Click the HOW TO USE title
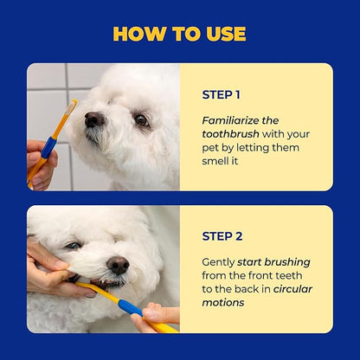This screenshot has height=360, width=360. (180, 34)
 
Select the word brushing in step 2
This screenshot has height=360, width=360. (286, 261)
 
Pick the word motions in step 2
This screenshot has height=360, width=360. (225, 303)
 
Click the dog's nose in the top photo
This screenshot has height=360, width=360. (94, 119)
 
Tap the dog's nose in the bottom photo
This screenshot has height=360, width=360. (118, 265)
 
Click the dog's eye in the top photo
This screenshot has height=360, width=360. (140, 120)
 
